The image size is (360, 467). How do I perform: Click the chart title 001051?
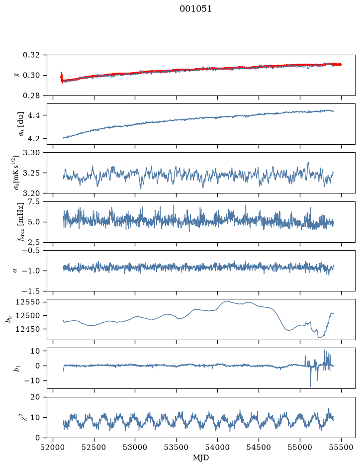[195, 9]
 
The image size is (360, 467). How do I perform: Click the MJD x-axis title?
[201, 458]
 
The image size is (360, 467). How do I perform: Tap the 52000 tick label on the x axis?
[53, 447]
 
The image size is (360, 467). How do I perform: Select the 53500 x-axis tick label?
[177, 447]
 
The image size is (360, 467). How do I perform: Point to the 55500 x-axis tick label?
[341, 447]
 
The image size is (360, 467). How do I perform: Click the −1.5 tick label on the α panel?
[31, 291]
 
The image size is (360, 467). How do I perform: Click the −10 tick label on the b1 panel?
[32, 381]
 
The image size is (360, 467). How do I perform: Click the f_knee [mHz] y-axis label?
[20, 222]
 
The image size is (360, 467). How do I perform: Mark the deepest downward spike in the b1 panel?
[311, 386]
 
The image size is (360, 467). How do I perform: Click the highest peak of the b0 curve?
[226, 301]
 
